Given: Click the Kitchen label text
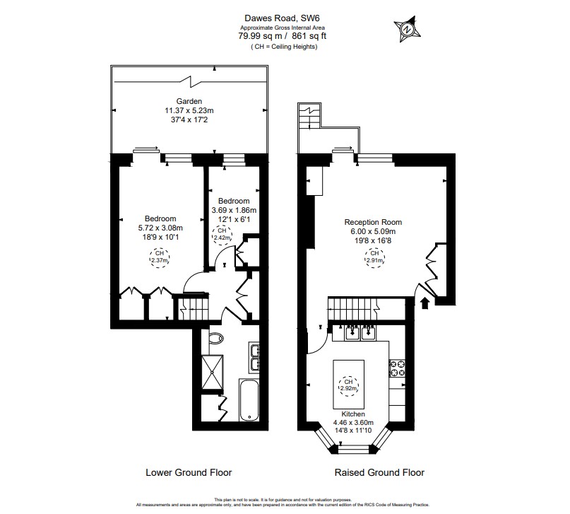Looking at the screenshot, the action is (x=353, y=414).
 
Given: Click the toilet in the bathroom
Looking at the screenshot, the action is (x=216, y=339).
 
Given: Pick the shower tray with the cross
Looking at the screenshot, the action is (x=212, y=371).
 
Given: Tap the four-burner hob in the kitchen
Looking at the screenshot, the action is (x=396, y=368).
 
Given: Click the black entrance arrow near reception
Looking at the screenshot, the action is (x=424, y=304).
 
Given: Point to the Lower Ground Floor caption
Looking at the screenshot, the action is (x=189, y=472).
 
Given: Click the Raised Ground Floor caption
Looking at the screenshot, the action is (x=380, y=472).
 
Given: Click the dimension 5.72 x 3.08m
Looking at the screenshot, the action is (x=160, y=228).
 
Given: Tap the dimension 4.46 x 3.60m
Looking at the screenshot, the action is (x=353, y=423).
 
